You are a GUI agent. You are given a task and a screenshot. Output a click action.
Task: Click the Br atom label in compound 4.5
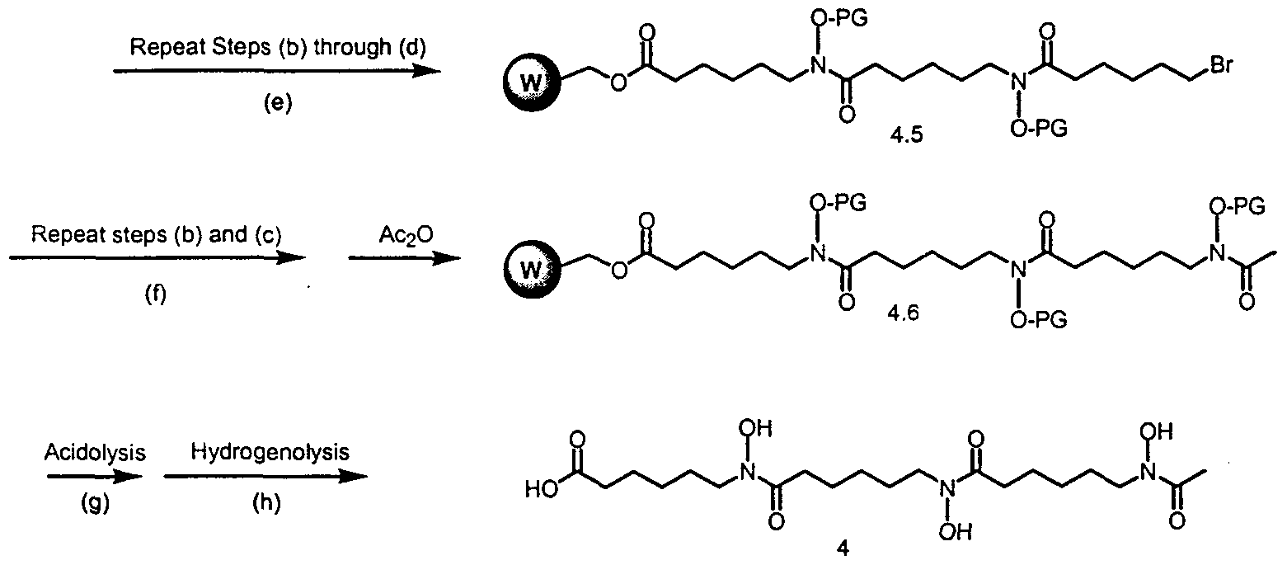coord(1221,65)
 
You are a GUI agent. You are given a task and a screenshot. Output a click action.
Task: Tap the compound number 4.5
coord(906,135)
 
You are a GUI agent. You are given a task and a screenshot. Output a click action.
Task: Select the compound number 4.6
coord(903,313)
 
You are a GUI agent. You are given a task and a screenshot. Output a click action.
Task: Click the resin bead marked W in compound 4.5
coord(530,82)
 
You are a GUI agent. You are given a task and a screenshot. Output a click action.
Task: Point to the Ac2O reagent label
coord(406,236)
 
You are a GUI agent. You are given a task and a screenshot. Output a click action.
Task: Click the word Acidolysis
coord(95,453)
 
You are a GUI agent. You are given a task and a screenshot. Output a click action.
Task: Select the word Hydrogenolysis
coord(270,452)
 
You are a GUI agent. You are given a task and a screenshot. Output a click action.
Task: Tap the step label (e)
coord(278,103)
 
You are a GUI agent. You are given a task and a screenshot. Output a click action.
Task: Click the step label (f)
coord(156,294)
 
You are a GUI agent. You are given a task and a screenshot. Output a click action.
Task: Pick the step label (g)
coord(95,503)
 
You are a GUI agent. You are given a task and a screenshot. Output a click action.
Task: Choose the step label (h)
coord(267,503)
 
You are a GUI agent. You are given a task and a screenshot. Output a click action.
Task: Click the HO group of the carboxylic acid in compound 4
coord(541,490)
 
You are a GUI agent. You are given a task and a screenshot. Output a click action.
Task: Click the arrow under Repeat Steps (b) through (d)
coord(277,71)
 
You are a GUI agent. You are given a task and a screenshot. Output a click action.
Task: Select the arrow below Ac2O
coord(405,258)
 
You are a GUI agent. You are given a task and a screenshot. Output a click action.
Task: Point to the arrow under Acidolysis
coord(94,477)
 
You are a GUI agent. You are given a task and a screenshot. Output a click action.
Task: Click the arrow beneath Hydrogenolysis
coord(265,477)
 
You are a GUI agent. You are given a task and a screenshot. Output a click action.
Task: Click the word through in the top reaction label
coord(352,46)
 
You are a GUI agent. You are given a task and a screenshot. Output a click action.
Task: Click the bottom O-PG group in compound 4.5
coord(1039,129)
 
